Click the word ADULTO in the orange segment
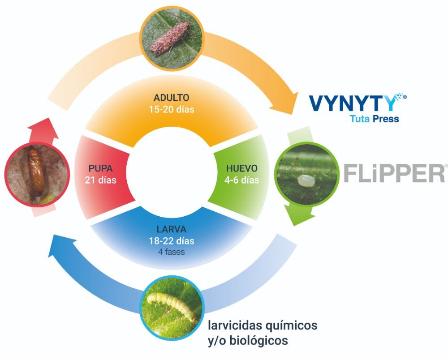coord(172,98)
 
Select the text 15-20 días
coord(172,109)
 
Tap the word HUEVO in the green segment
coord(242,168)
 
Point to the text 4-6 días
coord(242,180)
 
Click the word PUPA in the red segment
coord(100,168)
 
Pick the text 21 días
coord(100,180)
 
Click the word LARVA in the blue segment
coord(172,229)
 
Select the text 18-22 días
coord(172,241)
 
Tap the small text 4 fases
coord(172,252)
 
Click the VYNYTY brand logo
coord(358,103)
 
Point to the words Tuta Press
coord(374,119)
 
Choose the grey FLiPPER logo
coord(394,173)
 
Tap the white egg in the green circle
coord(306,180)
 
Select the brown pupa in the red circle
coord(36,171)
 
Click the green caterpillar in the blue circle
coord(172,305)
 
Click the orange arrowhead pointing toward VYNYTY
coord(284,103)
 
